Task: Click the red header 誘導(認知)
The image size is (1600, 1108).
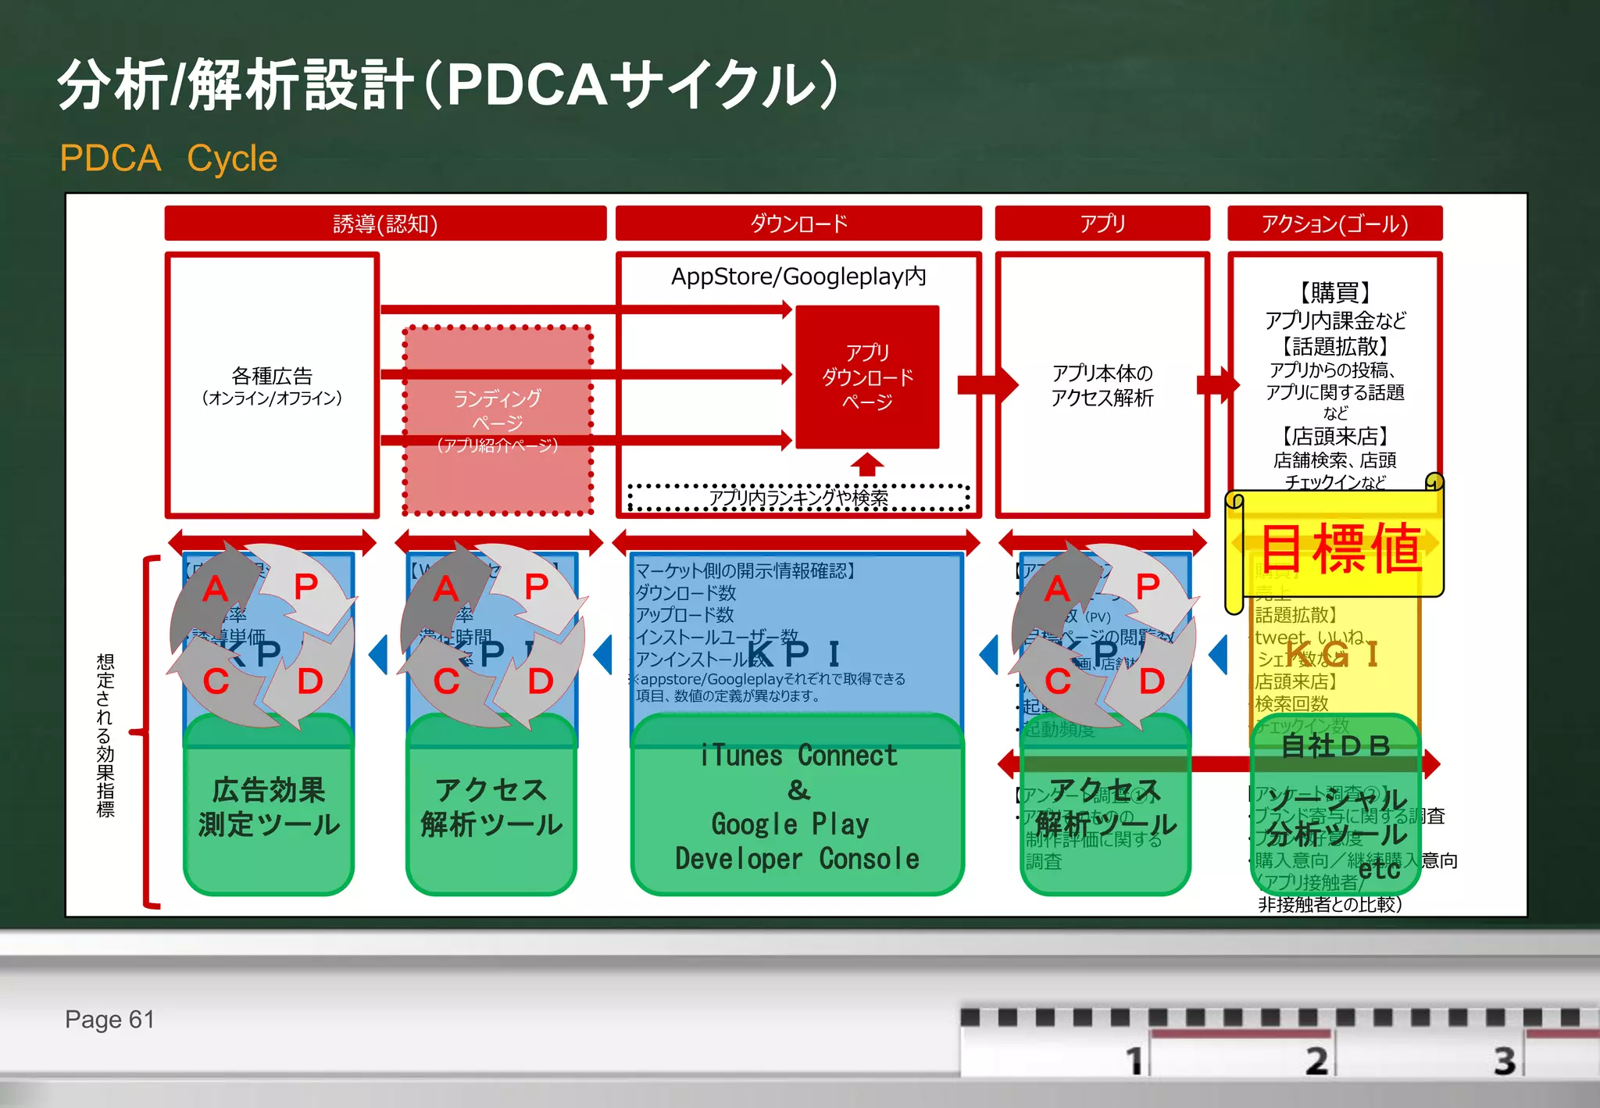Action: [x=385, y=223]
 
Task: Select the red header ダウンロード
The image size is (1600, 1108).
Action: [x=798, y=223]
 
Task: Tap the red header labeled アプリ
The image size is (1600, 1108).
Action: [x=1102, y=223]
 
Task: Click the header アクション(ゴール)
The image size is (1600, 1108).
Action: [x=1334, y=223]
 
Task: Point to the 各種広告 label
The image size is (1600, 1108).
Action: [x=272, y=377]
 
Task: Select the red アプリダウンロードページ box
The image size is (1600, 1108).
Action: [x=867, y=377]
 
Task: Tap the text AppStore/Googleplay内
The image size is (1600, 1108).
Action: [x=798, y=277]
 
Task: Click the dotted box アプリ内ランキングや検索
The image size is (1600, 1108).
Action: [x=798, y=498]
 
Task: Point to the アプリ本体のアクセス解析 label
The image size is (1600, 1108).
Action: [x=1102, y=385]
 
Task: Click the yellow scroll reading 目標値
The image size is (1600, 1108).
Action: [x=1339, y=547]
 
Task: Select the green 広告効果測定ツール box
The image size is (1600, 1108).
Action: [x=269, y=807]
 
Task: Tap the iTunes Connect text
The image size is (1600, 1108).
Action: [x=798, y=756]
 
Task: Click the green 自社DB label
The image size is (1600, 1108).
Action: [x=1336, y=745]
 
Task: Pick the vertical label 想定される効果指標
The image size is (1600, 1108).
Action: [x=105, y=734]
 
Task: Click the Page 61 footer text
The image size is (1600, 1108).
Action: [x=109, y=1019]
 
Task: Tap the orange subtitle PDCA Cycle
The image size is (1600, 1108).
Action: [x=168, y=158]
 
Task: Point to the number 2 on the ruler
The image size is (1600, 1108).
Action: [x=1316, y=1060]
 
